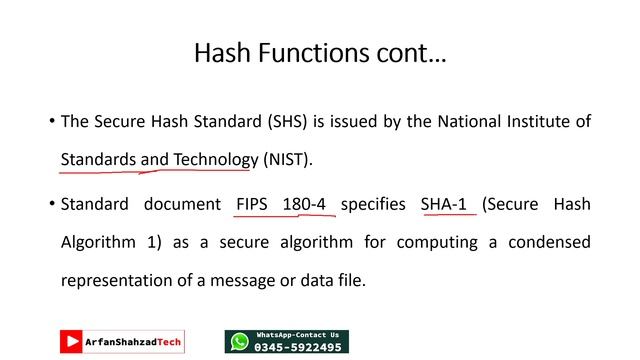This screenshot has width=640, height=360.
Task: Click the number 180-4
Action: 304,204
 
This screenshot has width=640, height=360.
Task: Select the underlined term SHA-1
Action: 444,204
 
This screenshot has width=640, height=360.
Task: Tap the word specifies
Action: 374,204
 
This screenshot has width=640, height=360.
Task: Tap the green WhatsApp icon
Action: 239,342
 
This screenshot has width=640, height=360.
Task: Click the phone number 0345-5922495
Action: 298,347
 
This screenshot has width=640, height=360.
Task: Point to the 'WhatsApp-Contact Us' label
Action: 298,334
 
